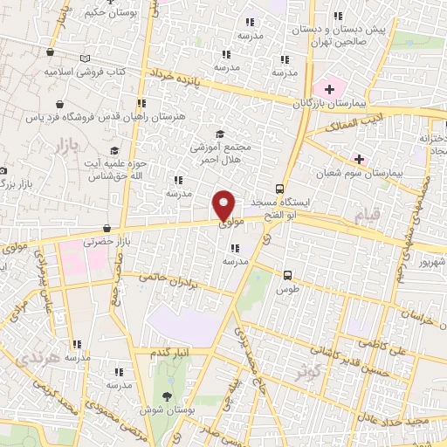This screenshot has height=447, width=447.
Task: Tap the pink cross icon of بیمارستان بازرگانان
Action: click(329, 88)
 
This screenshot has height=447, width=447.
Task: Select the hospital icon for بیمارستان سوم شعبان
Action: click(358, 158)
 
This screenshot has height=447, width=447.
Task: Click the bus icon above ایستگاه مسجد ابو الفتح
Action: click(279, 188)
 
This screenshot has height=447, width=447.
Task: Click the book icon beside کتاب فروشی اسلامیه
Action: click(85, 58)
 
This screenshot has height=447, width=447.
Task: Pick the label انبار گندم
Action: click(168, 352)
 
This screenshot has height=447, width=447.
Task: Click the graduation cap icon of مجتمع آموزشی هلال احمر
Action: click(220, 133)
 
